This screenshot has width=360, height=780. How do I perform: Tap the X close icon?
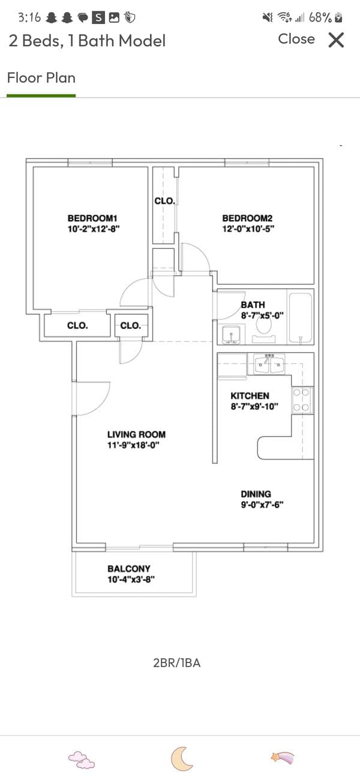click(336, 40)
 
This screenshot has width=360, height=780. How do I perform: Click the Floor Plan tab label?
click(41, 77)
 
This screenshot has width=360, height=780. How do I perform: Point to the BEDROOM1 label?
click(92, 218)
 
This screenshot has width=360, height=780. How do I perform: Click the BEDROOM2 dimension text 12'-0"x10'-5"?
click(248, 229)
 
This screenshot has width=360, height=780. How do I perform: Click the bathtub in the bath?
click(300, 318)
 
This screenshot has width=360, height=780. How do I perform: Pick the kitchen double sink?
click(269, 364)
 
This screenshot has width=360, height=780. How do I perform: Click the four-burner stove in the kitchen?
click(302, 400)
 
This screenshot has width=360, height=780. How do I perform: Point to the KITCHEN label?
click(250, 396)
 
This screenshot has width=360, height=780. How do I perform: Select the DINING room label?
click(256, 494)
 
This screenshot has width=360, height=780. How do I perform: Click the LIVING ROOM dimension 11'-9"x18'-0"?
click(133, 445)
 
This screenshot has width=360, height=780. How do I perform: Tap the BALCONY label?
click(129, 569)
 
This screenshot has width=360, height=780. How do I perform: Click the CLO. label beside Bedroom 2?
click(164, 201)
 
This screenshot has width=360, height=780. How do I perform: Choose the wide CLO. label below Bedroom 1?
click(77, 326)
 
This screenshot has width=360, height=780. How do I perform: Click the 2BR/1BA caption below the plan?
click(177, 662)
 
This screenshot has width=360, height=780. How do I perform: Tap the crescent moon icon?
click(181, 759)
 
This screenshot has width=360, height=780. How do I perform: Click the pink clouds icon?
click(81, 760)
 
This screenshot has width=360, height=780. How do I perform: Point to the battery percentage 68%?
click(320, 17)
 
